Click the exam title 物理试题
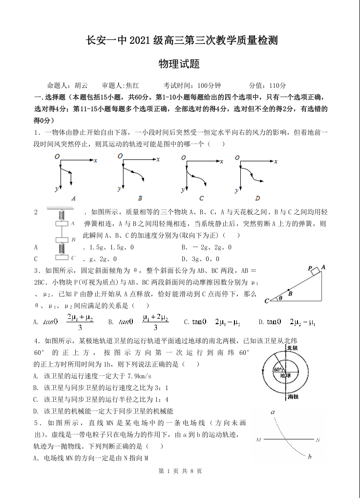click(x=179, y=64)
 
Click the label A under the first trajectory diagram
click(x=73, y=198)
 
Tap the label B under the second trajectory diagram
click(x=140, y=198)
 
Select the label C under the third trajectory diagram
click(x=201, y=198)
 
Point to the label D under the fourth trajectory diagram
click(x=257, y=198)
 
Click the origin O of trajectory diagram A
click(x=58, y=156)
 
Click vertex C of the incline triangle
click(x=267, y=301)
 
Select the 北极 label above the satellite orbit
click(x=292, y=348)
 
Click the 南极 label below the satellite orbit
click(x=293, y=397)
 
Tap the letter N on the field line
click(x=318, y=440)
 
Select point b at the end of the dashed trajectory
click(x=310, y=457)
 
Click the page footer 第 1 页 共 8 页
click(x=180, y=471)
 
